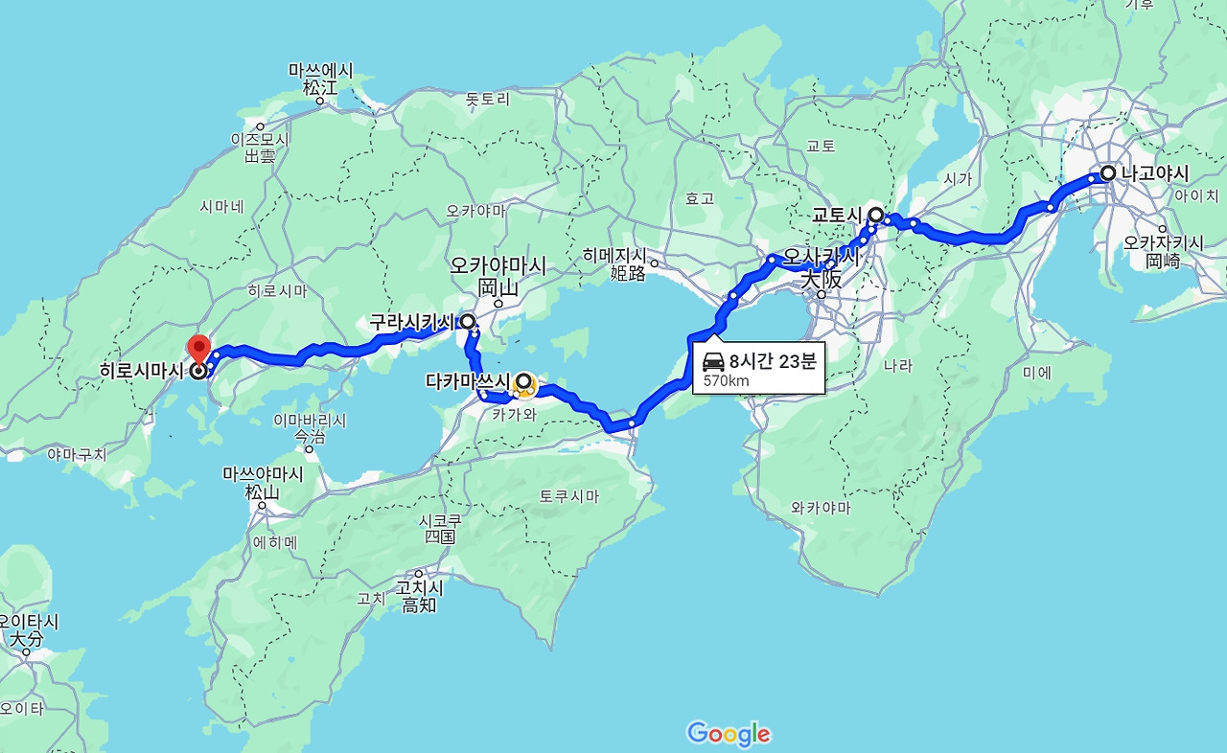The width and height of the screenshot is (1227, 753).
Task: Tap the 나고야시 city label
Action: [x=1154, y=174]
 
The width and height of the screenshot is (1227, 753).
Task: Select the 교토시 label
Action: [x=838, y=216]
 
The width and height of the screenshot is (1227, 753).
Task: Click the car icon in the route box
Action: [x=713, y=361]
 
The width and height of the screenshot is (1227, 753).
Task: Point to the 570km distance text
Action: [x=726, y=380]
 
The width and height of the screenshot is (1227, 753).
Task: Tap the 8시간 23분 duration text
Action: [x=773, y=361]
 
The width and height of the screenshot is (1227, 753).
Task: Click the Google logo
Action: [x=729, y=734]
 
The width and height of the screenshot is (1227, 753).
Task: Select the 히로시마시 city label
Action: [x=142, y=371]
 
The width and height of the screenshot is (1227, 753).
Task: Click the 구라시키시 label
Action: [x=413, y=323]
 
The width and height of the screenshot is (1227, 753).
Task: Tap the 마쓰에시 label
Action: [x=321, y=71]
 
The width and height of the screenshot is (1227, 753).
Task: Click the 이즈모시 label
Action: [x=260, y=140]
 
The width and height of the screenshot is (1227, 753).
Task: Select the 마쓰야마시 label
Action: [x=263, y=474]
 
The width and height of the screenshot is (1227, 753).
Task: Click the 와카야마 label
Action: [x=822, y=508]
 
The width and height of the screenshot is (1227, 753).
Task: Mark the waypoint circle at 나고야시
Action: [x=1107, y=173]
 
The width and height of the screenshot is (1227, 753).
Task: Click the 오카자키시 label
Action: [x=1164, y=243]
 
